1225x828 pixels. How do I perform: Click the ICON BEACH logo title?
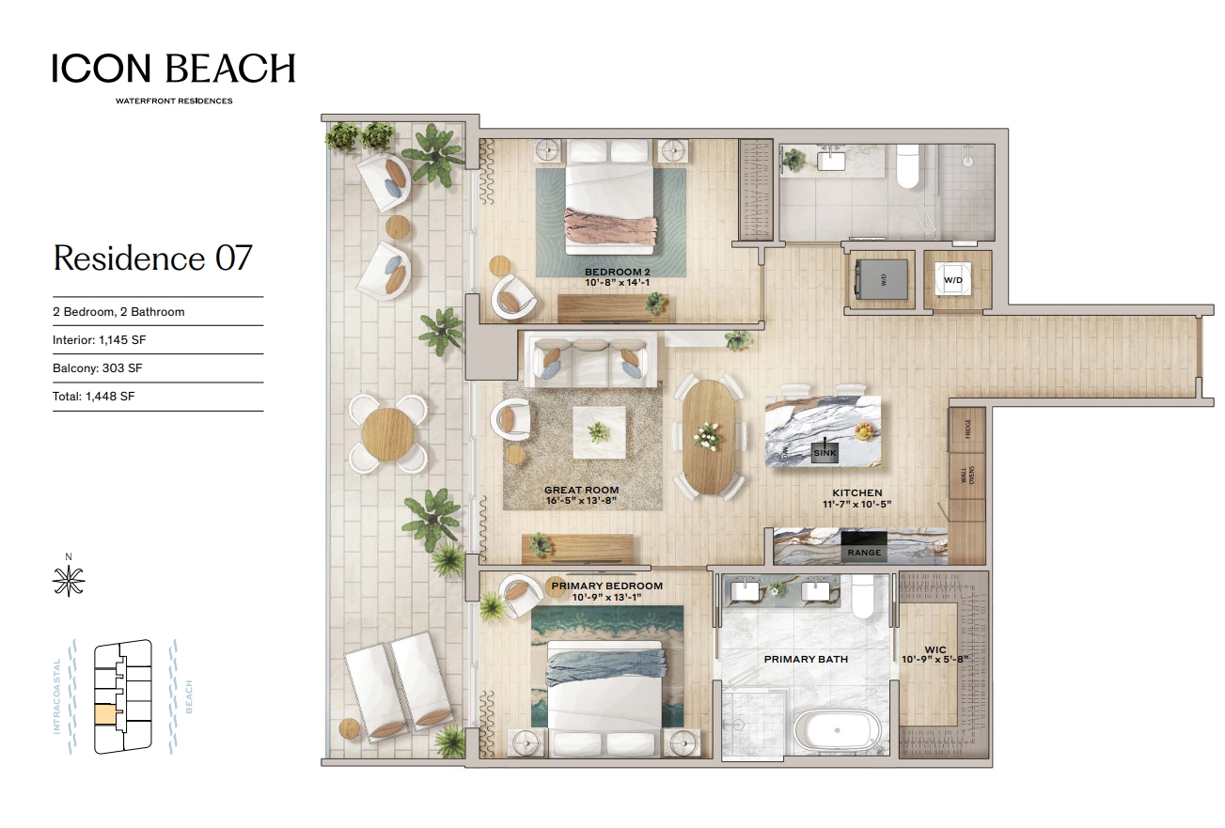click(174, 68)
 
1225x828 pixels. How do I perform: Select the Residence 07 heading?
click(152, 258)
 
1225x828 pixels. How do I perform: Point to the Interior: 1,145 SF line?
click(100, 340)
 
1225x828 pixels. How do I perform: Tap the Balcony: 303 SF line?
click(98, 368)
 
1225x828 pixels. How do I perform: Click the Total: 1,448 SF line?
click(93, 397)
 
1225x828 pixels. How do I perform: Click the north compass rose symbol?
click(69, 581)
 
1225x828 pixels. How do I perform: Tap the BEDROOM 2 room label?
click(618, 273)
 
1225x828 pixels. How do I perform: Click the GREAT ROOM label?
click(581, 491)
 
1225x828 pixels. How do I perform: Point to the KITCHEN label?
click(857, 493)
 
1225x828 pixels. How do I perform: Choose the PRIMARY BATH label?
click(806, 659)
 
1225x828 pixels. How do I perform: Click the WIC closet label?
click(935, 649)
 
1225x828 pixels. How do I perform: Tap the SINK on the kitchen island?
click(825, 452)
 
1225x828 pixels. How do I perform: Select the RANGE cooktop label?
click(864, 552)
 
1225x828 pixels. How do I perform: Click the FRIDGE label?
click(968, 430)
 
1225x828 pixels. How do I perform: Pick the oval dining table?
click(709, 437)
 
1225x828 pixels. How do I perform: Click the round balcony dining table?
click(387, 434)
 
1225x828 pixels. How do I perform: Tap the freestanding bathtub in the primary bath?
click(836, 730)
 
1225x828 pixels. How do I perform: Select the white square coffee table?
click(600, 433)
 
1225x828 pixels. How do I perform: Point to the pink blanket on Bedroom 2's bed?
click(611, 230)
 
